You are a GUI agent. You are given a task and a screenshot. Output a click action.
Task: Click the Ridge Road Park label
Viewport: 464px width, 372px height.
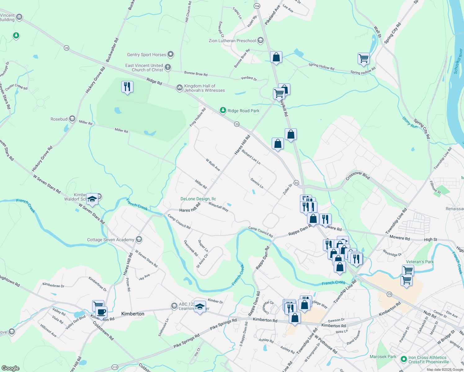pos(243,111)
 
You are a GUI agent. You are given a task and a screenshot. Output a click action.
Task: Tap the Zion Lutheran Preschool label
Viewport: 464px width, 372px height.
pos(232,41)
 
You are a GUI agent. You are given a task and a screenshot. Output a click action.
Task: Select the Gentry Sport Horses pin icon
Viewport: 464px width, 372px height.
pos(171,55)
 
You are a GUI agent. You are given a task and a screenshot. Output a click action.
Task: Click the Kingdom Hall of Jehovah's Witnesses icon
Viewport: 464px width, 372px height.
pos(179,88)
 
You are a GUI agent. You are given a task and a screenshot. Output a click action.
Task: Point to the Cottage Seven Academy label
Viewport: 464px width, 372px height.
pos(110,240)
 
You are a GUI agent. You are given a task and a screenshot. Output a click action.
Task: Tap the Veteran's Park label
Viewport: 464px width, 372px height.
pos(420,262)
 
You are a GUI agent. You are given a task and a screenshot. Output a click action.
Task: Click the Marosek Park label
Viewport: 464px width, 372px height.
pos(383,356)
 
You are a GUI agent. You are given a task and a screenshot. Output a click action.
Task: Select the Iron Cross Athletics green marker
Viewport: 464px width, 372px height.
pos(404,359)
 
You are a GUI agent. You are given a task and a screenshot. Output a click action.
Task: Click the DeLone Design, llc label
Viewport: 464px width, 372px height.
pos(198,199)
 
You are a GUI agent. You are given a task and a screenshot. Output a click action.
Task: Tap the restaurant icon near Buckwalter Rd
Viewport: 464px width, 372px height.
pos(127,87)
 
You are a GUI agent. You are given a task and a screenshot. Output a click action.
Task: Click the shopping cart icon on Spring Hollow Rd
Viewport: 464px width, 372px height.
pos(364,58)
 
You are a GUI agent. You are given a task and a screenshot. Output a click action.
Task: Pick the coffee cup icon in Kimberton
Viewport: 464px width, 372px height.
pos(101,312)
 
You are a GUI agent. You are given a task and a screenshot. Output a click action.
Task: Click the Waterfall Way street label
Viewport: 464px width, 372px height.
pos(218,207)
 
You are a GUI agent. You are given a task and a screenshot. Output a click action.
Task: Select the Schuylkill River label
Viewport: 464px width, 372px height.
pos(458,61)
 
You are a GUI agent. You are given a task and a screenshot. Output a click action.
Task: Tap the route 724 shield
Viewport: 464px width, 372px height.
pos(257,6)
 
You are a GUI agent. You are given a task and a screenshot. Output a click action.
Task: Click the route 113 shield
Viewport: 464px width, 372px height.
pos(115,367)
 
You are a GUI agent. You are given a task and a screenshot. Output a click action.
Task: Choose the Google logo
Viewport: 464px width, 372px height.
pos(10,368)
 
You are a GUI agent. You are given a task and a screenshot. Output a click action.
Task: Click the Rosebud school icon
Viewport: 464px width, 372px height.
pos(72,119)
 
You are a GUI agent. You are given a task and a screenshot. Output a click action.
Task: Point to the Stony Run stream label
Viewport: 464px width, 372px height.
pos(410,122)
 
